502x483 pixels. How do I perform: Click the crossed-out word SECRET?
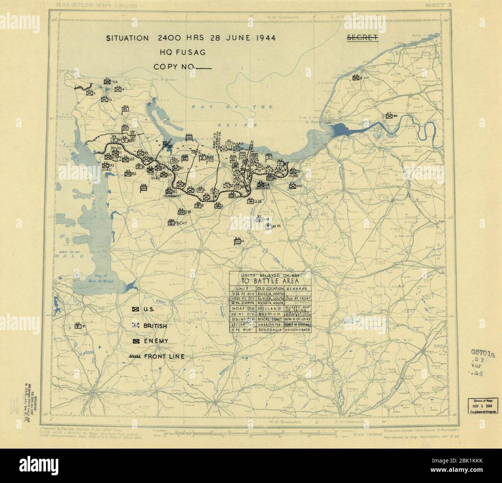coord(363,37)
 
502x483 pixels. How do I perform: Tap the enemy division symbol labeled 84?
coord(389,115)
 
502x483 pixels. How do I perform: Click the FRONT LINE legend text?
coord(164,356)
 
